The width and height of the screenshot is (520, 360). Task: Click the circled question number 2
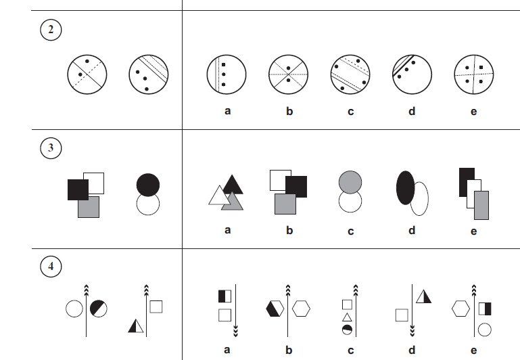point(51,30)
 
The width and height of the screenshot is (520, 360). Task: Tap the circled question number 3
point(51,148)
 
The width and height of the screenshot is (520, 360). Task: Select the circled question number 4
point(51,267)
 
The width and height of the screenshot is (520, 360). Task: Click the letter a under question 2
point(227,111)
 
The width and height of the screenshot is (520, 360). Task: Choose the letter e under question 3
point(473,231)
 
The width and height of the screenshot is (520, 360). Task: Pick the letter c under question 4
point(350,351)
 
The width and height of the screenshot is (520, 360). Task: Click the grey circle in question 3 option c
point(350,181)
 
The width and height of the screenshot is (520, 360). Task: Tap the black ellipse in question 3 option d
point(406,188)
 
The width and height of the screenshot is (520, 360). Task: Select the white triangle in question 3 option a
point(218,196)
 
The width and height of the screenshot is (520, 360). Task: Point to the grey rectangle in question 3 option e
point(481,205)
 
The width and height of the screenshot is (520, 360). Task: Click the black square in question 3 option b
point(296,187)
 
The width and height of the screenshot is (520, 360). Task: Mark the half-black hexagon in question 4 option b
point(275,309)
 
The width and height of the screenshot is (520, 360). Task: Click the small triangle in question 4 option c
point(347,318)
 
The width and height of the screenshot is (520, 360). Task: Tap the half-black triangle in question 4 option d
point(423,296)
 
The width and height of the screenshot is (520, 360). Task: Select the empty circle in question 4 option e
point(485,330)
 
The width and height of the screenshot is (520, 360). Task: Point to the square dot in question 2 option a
point(224,65)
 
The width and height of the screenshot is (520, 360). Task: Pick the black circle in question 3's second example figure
point(148,185)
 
